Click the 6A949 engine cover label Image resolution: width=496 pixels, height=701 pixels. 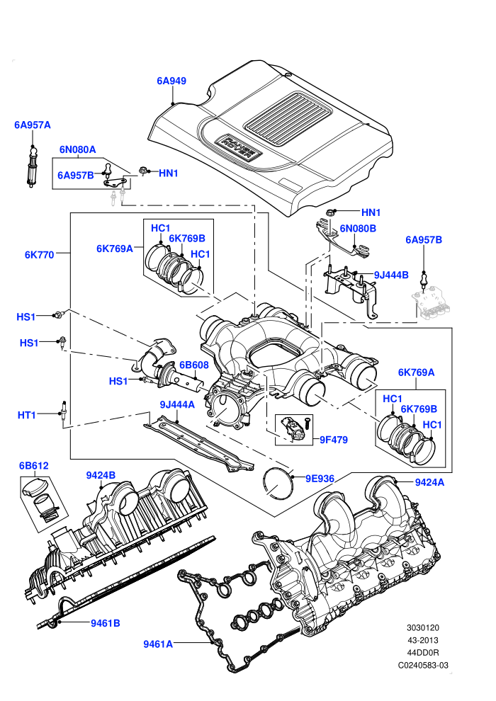(x=171, y=81)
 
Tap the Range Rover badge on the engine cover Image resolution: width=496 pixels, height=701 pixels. (x=237, y=146)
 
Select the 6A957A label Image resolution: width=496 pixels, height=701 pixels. (x=32, y=125)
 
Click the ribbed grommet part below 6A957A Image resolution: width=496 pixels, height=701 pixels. (x=32, y=167)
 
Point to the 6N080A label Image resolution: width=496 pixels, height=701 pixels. (x=77, y=149)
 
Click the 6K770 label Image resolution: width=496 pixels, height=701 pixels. (x=40, y=255)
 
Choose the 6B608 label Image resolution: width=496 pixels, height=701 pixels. (x=194, y=365)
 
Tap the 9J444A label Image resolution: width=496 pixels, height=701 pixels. (x=177, y=404)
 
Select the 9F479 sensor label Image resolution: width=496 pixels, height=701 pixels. (x=334, y=440)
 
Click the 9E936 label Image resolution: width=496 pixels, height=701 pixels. (x=320, y=479)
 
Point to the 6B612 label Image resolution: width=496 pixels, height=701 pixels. (x=33, y=465)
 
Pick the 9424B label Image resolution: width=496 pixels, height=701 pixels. (x=101, y=475)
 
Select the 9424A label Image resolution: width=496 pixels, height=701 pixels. (x=429, y=482)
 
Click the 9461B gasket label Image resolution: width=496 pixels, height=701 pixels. (x=105, y=623)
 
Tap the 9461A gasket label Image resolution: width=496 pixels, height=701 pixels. (x=158, y=644)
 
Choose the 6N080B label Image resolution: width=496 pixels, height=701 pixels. (x=358, y=229)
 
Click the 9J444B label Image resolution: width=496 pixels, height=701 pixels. (x=391, y=275)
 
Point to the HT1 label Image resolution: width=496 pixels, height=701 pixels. (x=26, y=415)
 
